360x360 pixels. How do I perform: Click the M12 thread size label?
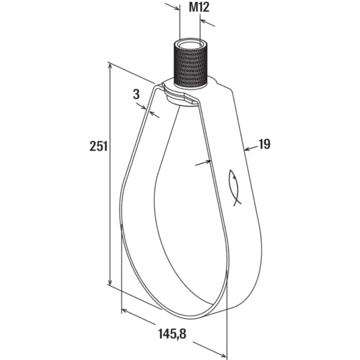pos(199,7)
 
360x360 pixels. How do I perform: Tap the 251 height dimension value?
pos(99,146)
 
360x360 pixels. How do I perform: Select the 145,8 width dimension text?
pos(172,334)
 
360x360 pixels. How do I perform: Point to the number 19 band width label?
pos(265,144)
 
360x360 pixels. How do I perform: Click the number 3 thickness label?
pos(136,94)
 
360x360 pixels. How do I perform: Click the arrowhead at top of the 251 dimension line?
pos(111,67)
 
